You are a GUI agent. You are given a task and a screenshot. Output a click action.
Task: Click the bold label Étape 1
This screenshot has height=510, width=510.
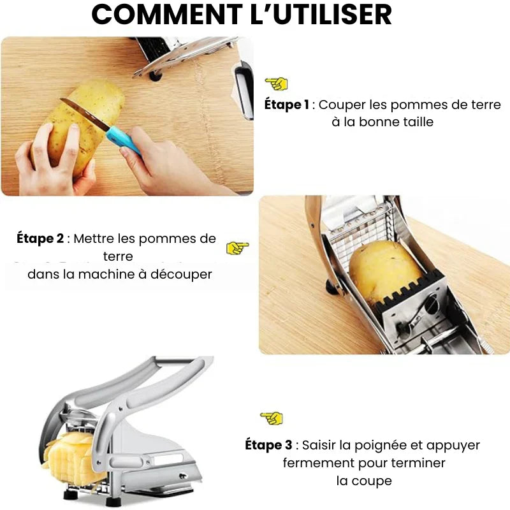click(286, 105)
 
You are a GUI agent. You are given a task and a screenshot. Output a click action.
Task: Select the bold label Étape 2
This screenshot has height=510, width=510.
click(40, 239)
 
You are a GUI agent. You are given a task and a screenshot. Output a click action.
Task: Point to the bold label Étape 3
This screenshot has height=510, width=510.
click(268, 445)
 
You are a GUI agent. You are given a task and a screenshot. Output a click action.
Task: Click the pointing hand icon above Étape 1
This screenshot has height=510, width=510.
click(277, 84)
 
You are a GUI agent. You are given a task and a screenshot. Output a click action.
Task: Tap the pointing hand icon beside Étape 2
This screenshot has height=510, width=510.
click(238, 248)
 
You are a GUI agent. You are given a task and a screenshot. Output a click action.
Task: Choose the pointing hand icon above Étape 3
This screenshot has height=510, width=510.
click(272, 418)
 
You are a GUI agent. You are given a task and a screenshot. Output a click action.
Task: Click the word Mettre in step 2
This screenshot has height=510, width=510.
click(95, 239)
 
